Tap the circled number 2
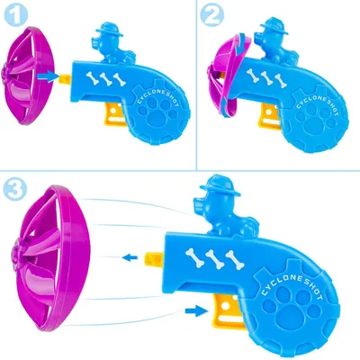(212, 14)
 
